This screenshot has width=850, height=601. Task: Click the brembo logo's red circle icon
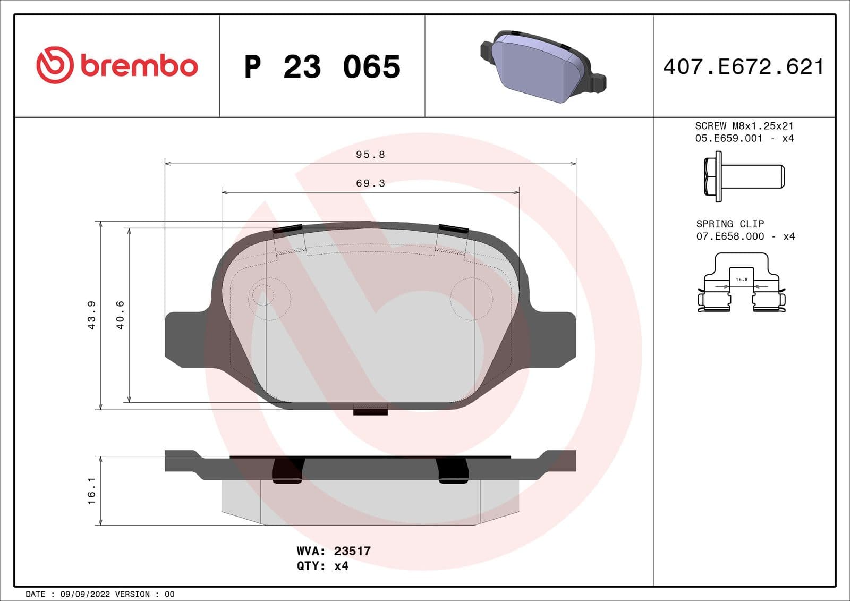(x=54, y=65)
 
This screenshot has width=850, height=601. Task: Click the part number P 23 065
(x=322, y=67)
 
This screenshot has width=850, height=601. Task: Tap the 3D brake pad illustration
(x=542, y=66)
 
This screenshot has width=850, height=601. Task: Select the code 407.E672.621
(x=744, y=67)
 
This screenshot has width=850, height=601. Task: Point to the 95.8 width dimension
(x=370, y=155)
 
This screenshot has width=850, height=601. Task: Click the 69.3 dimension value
(x=370, y=183)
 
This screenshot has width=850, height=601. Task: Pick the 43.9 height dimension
(x=91, y=315)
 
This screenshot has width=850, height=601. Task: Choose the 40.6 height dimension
(x=120, y=315)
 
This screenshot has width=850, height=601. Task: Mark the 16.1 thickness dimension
(x=91, y=490)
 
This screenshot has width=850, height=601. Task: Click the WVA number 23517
(x=352, y=551)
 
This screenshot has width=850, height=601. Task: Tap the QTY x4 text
(x=322, y=566)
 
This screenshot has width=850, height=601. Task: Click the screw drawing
(x=744, y=176)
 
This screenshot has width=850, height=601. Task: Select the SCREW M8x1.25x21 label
(x=744, y=126)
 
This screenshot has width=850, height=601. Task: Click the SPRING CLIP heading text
(x=730, y=224)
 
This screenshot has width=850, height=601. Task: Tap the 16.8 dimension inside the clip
(x=742, y=279)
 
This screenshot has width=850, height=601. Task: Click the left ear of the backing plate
(x=184, y=337)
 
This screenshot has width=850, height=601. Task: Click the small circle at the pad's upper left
(x=262, y=294)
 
